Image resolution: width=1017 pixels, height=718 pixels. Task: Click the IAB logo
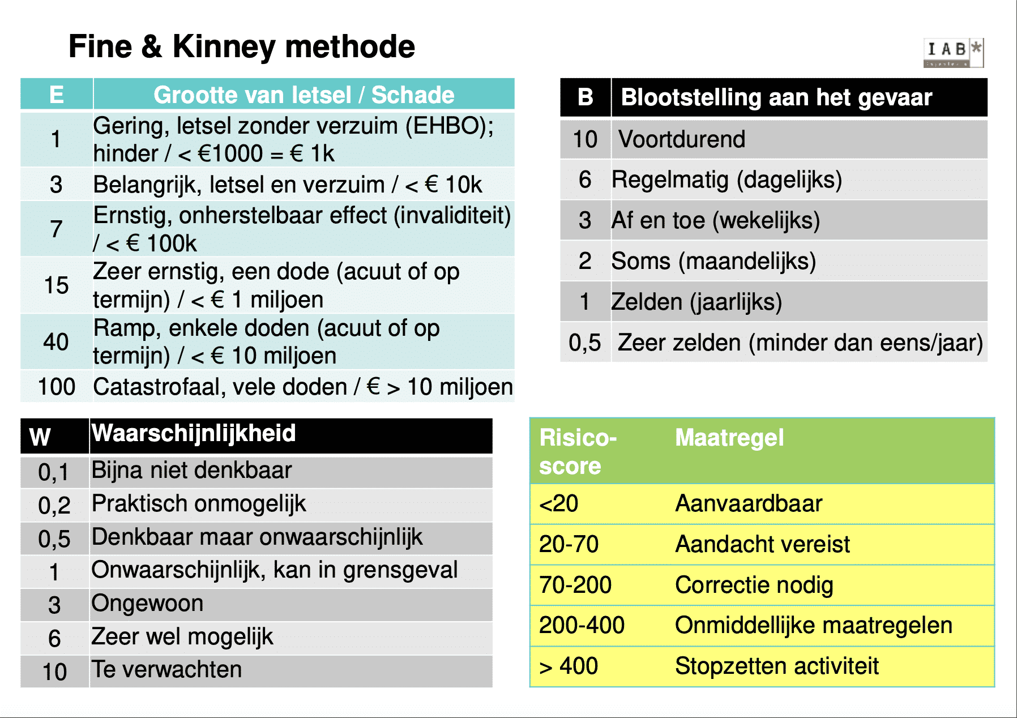point(954,52)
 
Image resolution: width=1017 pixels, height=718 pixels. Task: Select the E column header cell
point(57,94)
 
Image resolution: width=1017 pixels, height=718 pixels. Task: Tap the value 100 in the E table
point(57,387)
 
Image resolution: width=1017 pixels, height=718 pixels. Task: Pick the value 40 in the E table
point(56,341)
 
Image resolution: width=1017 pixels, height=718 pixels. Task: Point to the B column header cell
point(586,97)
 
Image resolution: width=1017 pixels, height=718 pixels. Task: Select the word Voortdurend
point(682,139)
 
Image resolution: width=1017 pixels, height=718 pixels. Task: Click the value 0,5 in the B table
point(585,343)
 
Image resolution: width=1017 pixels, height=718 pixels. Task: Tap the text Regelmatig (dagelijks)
point(727,179)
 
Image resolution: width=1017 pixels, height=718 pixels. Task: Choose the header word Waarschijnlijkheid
point(194,433)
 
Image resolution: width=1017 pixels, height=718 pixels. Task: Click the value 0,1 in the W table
point(54,472)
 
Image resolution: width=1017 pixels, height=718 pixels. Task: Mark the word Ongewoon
point(147,603)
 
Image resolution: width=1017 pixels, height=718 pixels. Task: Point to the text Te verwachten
point(166,669)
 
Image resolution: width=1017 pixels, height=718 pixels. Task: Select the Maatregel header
point(729,438)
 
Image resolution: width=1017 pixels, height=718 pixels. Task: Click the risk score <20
point(559,503)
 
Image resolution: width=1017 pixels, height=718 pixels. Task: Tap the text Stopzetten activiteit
point(777,666)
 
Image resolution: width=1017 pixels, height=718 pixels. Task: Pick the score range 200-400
point(582,625)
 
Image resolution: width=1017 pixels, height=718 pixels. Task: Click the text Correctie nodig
point(754,585)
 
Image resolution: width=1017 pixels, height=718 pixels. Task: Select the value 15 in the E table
point(56,285)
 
